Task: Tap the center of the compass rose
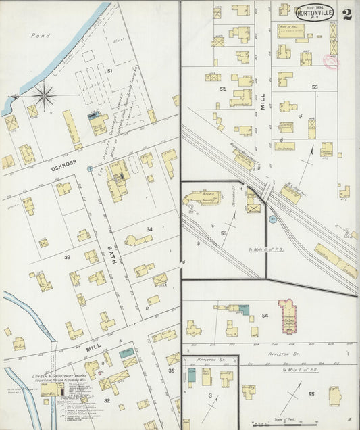[45, 95]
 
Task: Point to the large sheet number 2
[346, 14]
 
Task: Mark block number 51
[109, 70]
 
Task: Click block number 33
[67, 258]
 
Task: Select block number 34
[149, 229]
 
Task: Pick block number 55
[311, 393]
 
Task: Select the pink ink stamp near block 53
[332, 63]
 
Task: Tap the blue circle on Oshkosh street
[90, 168]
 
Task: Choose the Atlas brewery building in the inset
[203, 199]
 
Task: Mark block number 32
[107, 400]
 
